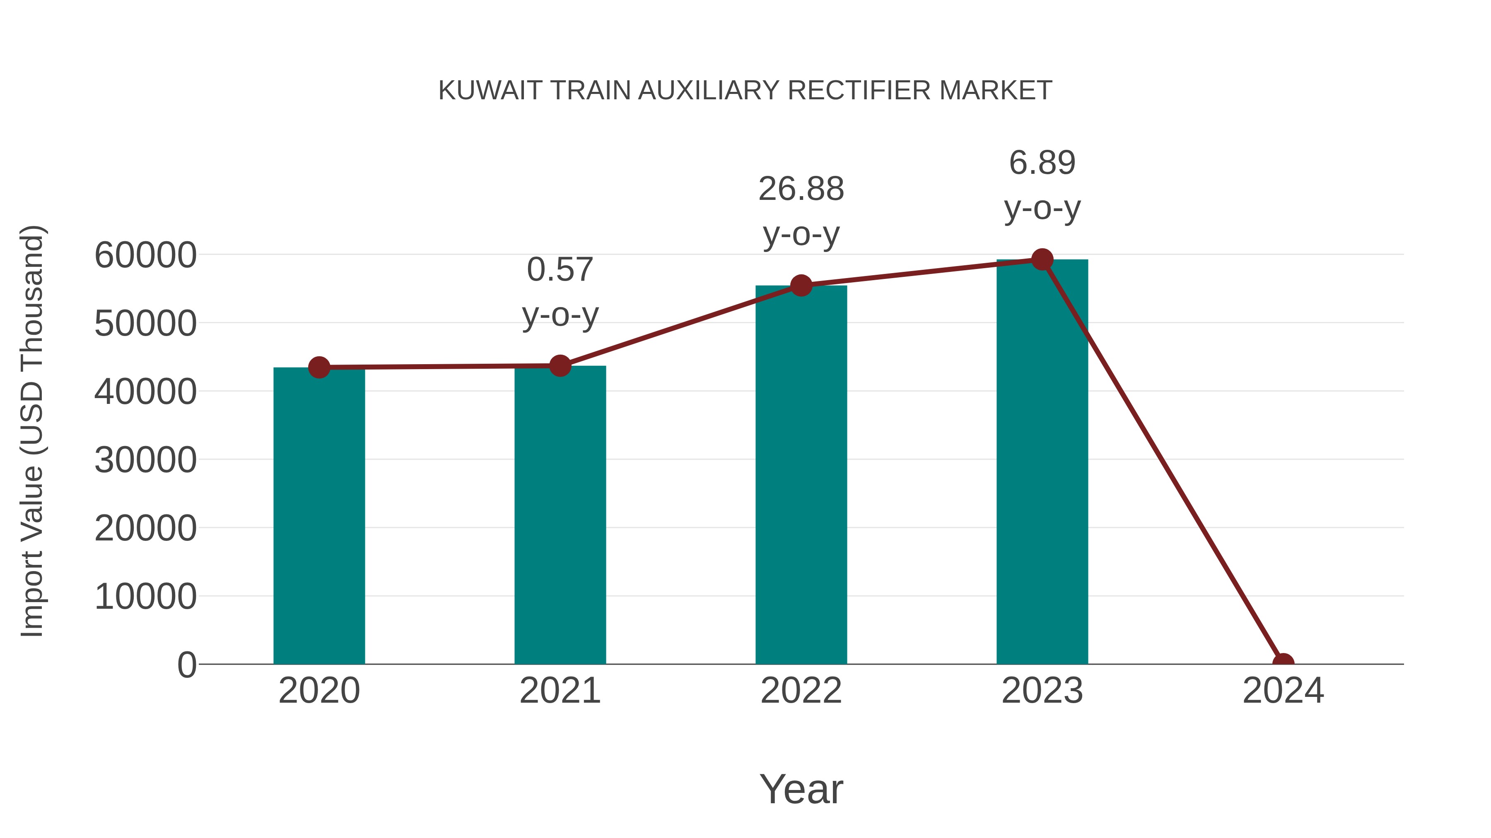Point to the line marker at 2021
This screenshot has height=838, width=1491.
(x=560, y=365)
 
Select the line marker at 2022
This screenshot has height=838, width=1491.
(x=801, y=285)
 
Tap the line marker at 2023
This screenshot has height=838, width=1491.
(x=1042, y=259)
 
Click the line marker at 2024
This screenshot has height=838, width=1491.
(x=1283, y=663)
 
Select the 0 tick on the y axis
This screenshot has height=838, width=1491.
(x=187, y=665)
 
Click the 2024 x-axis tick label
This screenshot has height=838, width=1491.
(x=1283, y=691)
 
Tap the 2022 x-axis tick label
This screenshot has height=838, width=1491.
(x=801, y=691)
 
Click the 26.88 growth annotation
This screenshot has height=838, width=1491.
(x=801, y=190)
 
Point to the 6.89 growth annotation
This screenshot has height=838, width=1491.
(x=1042, y=163)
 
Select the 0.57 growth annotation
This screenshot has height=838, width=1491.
(x=560, y=270)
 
